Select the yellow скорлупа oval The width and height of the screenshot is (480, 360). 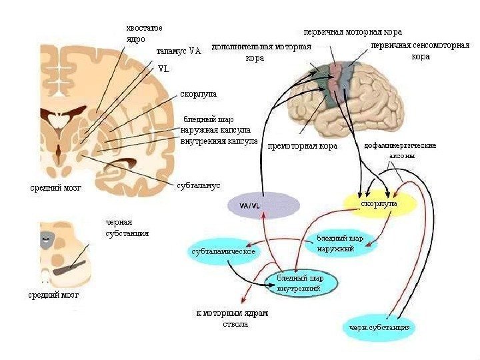pos(379,202)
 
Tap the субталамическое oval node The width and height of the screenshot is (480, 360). pos(224,251)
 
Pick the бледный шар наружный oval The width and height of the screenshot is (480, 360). pos(340,243)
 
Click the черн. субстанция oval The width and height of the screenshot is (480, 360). pos(381,327)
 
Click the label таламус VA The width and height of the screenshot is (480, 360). pos(178,50)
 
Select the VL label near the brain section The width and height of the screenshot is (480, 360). pos(164,69)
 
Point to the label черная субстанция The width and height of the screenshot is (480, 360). pos(127,228)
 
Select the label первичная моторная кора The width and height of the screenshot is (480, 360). pos(353,31)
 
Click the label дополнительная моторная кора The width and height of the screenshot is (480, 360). pos(261,52)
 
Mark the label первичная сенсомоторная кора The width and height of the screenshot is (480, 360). pos(419,51)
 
